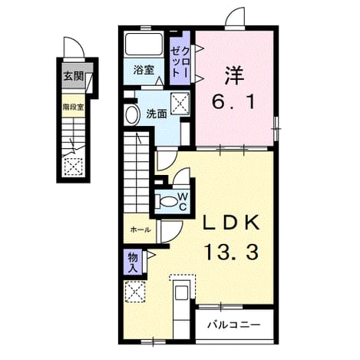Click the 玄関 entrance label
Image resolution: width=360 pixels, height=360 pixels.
point(74,76)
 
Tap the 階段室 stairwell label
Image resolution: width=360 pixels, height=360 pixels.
point(74,107)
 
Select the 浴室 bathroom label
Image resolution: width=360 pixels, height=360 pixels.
point(144,70)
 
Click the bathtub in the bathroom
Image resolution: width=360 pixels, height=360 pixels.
point(144,44)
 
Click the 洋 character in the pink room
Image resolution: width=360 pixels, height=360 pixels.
point(234,75)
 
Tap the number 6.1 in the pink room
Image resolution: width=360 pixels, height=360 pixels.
point(233,102)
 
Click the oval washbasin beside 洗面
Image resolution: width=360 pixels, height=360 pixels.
point(132,115)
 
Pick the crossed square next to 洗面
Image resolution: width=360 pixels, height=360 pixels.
point(180,102)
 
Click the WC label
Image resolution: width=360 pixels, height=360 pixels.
point(183,201)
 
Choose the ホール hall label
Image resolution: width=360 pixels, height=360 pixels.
point(140,230)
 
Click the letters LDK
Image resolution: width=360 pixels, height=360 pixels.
point(232,223)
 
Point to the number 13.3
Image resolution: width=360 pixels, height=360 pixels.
point(230,251)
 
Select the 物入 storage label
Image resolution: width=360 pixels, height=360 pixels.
point(133,263)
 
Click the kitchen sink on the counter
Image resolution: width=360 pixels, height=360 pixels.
point(181,292)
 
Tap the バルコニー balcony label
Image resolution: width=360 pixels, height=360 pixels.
point(234,325)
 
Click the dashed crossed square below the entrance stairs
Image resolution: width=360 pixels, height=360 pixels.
point(73,167)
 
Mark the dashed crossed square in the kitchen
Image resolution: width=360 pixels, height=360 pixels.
point(134,292)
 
